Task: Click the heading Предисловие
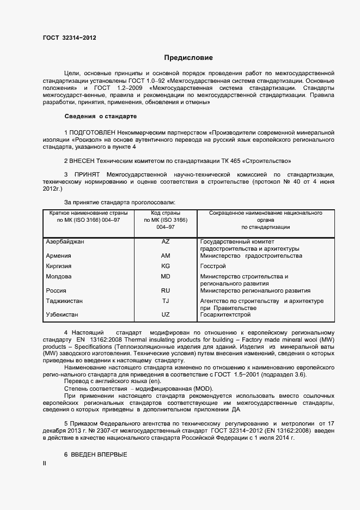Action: (x=188, y=57)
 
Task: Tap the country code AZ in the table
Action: (x=166, y=241)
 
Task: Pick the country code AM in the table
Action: (x=166, y=256)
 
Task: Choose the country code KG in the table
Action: (x=166, y=266)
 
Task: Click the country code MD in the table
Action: (x=166, y=276)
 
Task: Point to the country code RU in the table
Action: (x=166, y=290)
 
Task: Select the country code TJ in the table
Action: (x=166, y=301)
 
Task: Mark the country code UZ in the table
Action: (x=166, y=315)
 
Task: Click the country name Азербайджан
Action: (x=65, y=241)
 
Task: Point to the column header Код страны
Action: (x=166, y=213)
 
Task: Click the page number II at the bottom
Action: (x=45, y=463)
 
